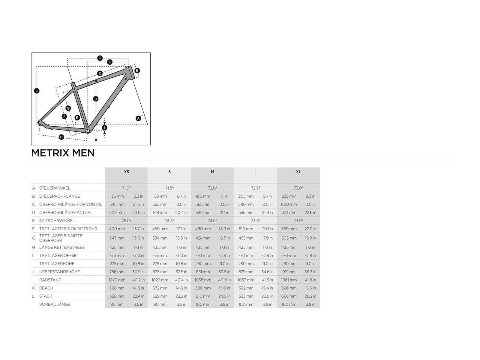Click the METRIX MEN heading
63,153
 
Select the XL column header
298,172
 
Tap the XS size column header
126,172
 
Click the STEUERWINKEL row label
55,188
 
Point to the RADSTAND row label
50,280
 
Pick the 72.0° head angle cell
212,188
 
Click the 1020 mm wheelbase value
117,280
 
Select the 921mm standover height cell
289,272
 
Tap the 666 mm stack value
289,296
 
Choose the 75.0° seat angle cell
126,220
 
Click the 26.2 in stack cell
310,296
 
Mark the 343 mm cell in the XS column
117,238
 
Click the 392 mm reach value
246,288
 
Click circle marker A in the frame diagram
138,118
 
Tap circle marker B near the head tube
137,70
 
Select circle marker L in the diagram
37,91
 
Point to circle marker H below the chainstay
61,137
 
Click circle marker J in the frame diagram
96,99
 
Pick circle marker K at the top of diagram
110,62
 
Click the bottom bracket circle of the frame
88,131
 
